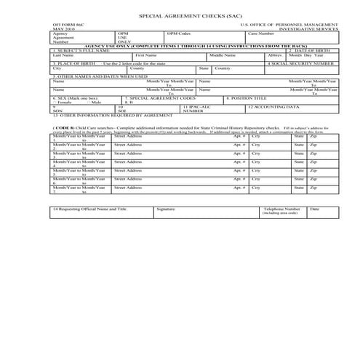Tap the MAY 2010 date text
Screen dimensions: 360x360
63,29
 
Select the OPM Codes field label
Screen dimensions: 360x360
178,33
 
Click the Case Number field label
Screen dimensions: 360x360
260,33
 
